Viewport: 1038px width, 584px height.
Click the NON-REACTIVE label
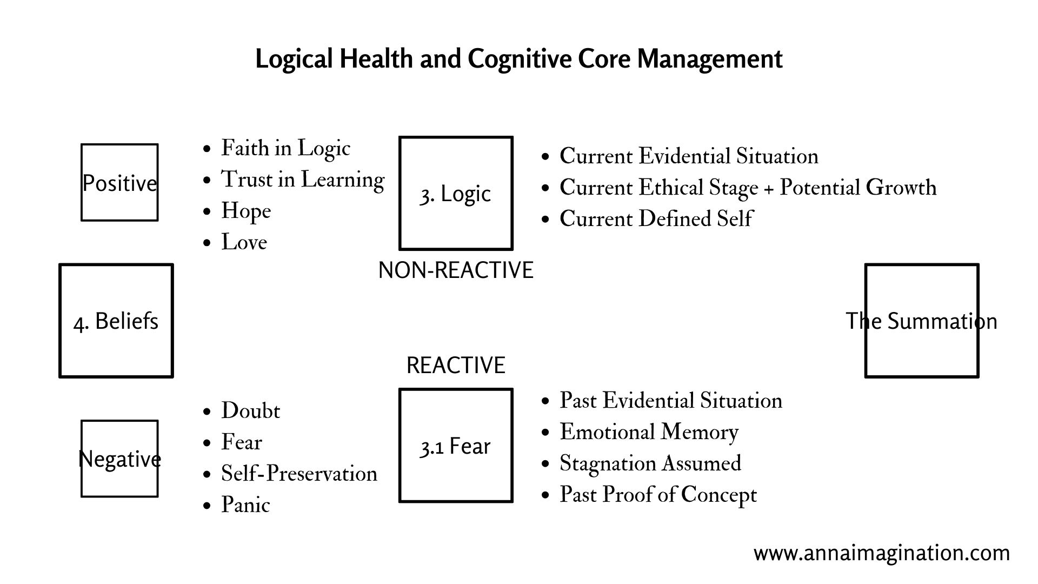pyautogui.click(x=456, y=270)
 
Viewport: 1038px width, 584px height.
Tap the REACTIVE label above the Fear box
pyautogui.click(x=456, y=366)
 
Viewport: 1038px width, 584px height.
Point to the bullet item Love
pyautogui.click(x=244, y=242)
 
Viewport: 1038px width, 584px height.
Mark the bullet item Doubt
pyautogui.click(x=250, y=411)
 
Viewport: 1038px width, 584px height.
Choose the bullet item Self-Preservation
pyautogui.click(x=299, y=474)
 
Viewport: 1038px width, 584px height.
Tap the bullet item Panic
pyautogui.click(x=245, y=505)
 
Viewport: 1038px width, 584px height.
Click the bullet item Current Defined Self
pyautogui.click(x=656, y=219)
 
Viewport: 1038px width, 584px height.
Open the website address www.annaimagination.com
pyautogui.click(x=882, y=553)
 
